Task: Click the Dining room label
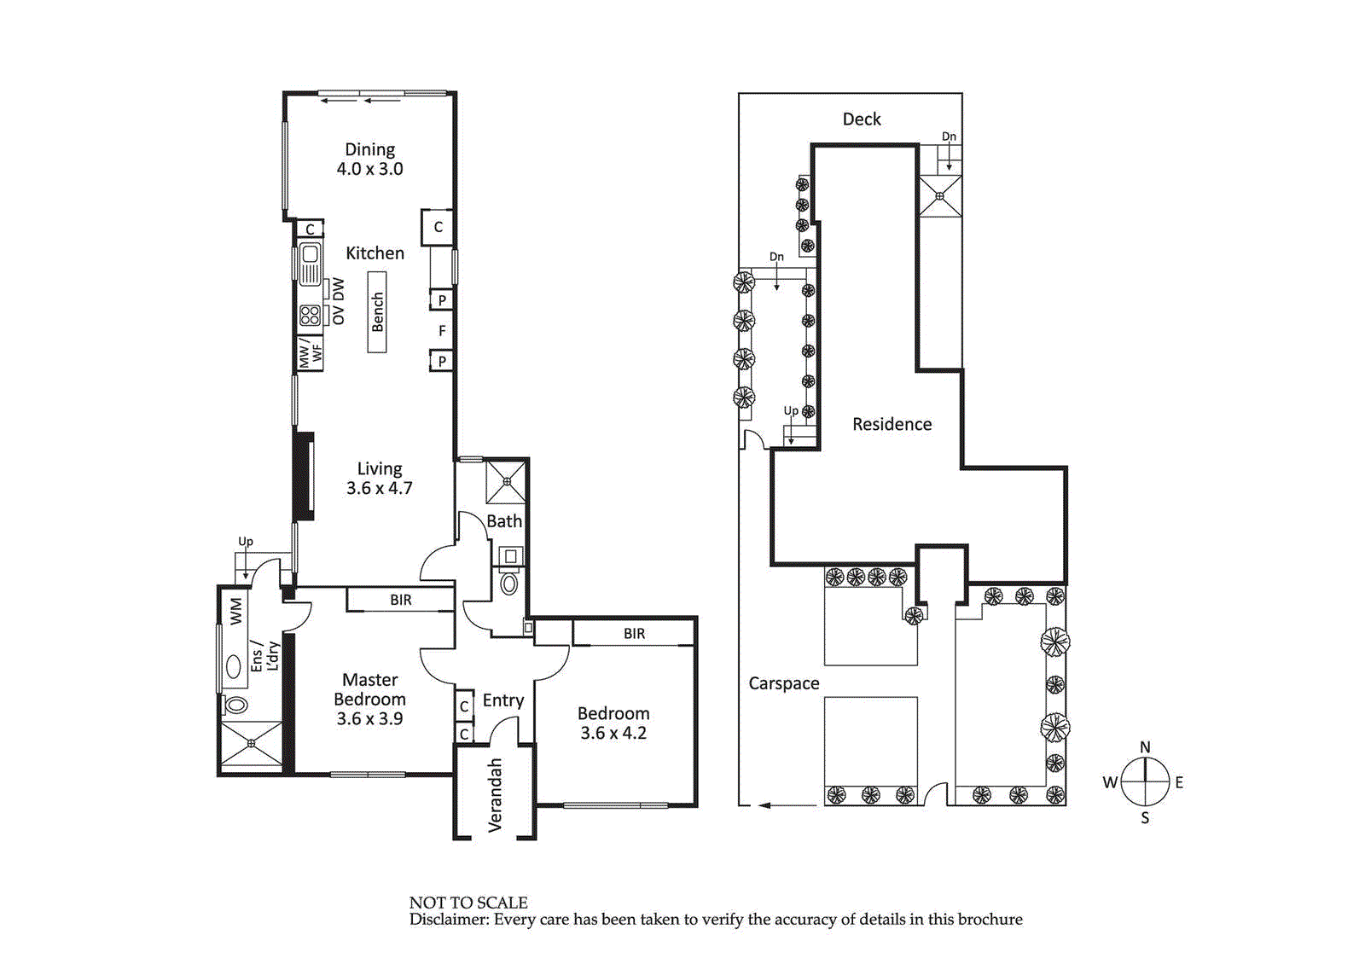(369, 160)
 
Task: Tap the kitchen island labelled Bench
(377, 312)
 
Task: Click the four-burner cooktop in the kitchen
(310, 316)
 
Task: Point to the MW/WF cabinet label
(310, 352)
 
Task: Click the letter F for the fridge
(442, 331)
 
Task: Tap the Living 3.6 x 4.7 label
(379, 479)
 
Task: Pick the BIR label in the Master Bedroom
(400, 601)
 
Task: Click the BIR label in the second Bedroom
(634, 634)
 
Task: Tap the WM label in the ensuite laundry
(236, 611)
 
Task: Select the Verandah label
(495, 795)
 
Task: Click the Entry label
(503, 700)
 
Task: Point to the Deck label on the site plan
(862, 119)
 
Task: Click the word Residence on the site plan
(892, 425)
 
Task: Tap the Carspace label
(783, 683)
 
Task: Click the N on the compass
(1145, 747)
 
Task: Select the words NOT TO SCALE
(468, 903)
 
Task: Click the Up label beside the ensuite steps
(246, 542)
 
